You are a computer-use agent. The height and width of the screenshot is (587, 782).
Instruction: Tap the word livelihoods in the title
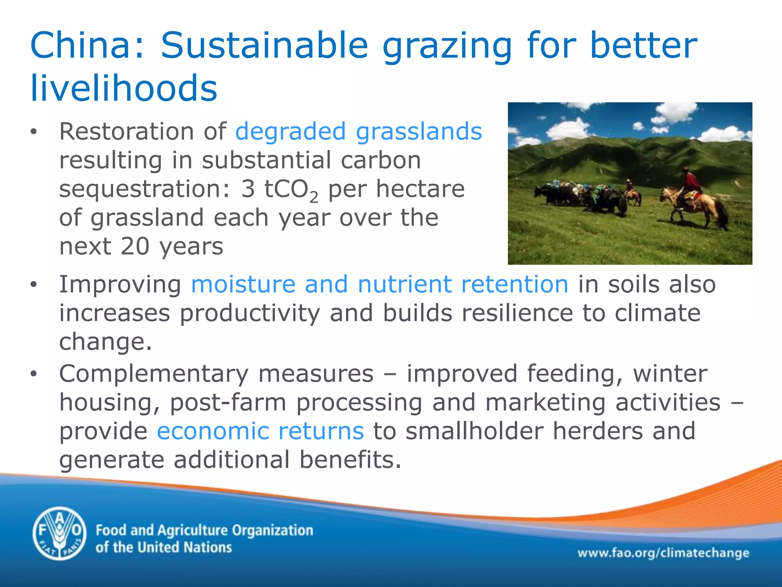click(124, 88)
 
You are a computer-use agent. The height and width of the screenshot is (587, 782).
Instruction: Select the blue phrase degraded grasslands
click(358, 131)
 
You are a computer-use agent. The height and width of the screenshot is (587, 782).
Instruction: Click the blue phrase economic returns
click(260, 431)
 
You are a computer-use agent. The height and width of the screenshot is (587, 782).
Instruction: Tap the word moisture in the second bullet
click(243, 285)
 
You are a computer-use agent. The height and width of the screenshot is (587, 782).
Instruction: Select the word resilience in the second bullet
click(517, 313)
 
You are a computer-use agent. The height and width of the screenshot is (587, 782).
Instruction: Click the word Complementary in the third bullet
click(153, 374)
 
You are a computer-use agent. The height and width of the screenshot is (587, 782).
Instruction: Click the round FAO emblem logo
click(60, 533)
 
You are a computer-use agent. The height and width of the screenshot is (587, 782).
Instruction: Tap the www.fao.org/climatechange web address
click(663, 553)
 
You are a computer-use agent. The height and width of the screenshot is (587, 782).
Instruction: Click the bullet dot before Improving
click(34, 285)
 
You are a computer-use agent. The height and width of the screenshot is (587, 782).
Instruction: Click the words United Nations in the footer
click(184, 548)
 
